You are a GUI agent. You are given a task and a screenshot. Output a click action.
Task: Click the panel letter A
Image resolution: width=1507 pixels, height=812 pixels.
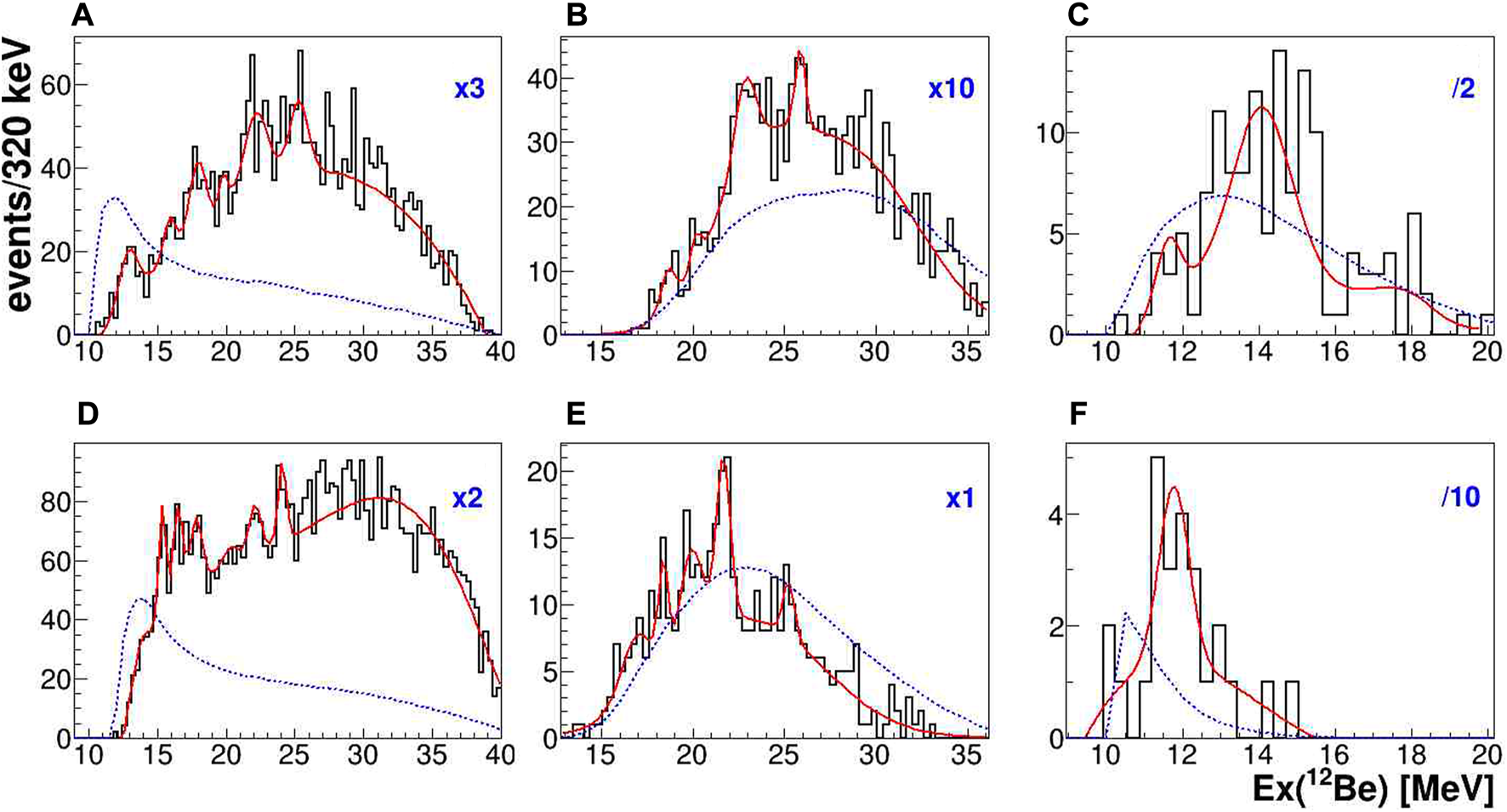coord(82,14)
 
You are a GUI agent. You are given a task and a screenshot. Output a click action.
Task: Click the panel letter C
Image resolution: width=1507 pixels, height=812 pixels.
coord(1078,14)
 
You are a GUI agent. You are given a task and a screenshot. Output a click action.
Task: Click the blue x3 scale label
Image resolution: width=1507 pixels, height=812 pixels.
coord(469,89)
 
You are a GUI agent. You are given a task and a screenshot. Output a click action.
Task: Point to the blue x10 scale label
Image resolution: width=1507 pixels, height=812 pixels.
coord(951,89)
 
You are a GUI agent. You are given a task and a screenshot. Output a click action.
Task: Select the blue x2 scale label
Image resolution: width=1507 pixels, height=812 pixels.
coord(468,497)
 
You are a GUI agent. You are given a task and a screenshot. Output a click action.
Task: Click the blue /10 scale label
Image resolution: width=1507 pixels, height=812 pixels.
coord(1460,497)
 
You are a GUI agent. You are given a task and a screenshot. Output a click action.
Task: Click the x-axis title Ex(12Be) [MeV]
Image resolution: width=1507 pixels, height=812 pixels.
coord(1373,790)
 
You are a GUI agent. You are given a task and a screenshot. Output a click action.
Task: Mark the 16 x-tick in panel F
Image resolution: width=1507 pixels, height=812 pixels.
coord(1334,755)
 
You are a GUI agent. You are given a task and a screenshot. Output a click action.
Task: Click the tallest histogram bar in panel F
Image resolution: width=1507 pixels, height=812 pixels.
coord(1157,595)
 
